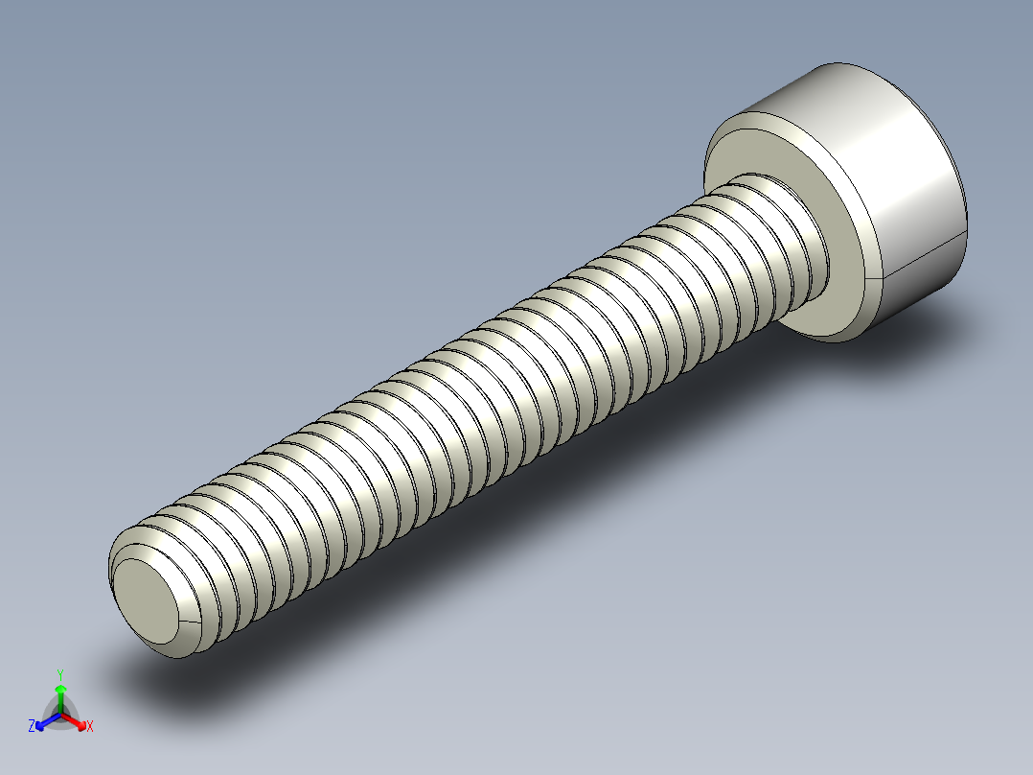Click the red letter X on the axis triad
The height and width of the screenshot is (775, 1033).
click(x=89, y=727)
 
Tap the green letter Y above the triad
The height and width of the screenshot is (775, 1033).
click(x=60, y=674)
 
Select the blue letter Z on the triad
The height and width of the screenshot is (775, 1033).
click(x=32, y=726)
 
